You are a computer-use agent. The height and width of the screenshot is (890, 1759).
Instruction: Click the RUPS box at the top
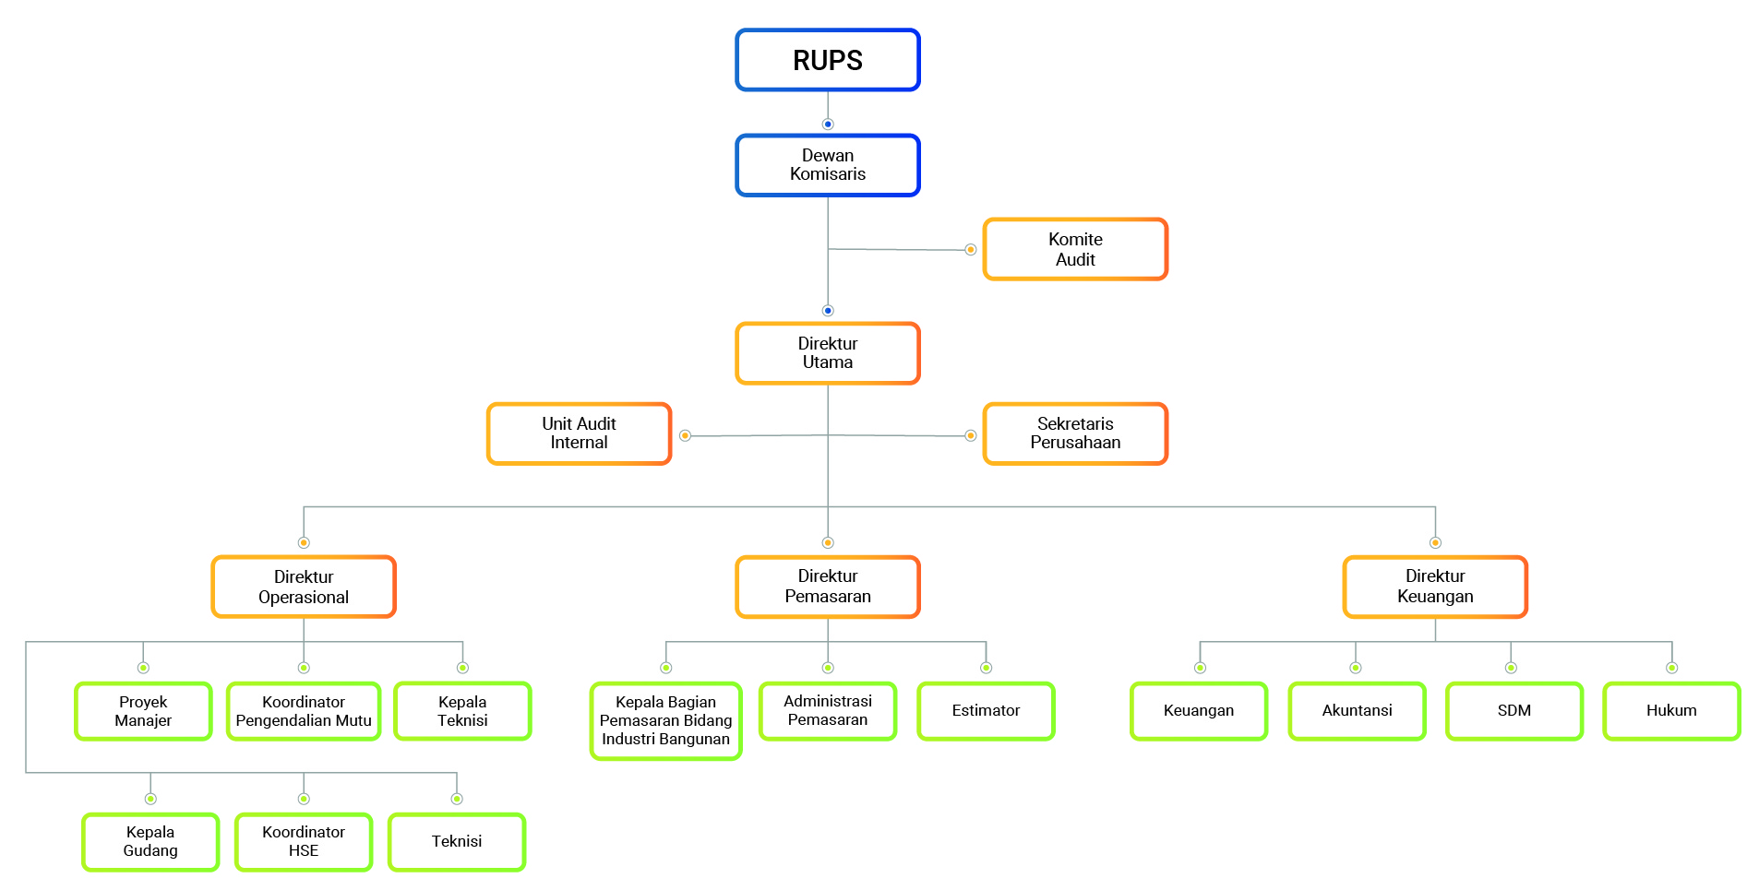(828, 60)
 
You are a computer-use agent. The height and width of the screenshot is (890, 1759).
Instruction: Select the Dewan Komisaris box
(828, 165)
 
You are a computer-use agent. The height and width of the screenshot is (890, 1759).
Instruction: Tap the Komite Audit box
(1075, 249)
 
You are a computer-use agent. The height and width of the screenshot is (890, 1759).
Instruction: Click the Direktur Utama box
(828, 353)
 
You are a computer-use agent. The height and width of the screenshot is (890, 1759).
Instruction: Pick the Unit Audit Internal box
(580, 433)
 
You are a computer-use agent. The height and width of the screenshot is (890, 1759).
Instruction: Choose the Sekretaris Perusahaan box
(1075, 433)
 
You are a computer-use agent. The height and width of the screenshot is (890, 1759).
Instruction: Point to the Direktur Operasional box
(304, 587)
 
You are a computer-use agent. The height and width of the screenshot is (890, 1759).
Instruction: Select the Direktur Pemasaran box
(828, 587)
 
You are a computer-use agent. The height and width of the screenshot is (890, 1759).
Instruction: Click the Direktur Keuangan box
(1435, 587)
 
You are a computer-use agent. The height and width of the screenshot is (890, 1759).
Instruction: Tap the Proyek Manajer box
(143, 711)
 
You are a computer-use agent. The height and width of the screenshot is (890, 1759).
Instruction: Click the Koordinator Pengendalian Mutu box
(304, 711)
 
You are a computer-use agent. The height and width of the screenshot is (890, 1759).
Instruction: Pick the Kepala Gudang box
(150, 842)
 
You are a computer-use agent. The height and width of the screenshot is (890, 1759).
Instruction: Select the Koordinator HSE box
(304, 842)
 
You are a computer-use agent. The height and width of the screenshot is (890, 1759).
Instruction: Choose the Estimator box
(986, 711)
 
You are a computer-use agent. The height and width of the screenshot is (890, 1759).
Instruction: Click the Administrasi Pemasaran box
(828, 711)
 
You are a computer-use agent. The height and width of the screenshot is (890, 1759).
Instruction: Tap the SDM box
(1514, 711)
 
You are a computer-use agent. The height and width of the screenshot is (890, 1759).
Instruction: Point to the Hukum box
(1671, 711)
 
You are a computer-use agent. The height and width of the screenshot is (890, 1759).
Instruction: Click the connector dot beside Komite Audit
(970, 250)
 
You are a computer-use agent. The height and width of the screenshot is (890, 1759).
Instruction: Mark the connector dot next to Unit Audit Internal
(685, 435)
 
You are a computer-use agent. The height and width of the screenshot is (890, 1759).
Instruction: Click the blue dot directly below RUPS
(828, 125)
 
